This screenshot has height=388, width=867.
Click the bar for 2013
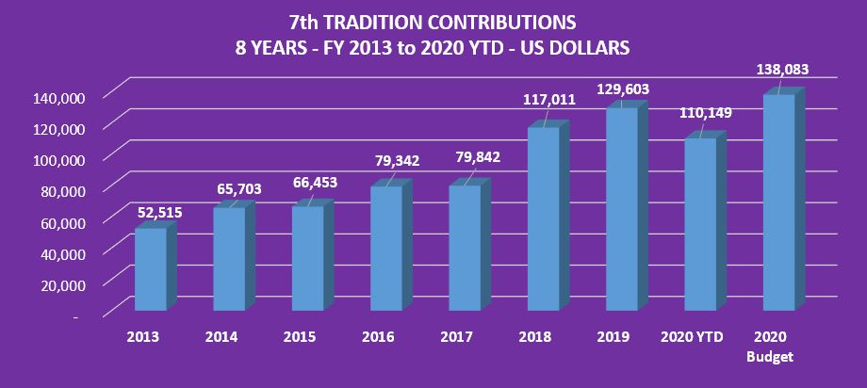click(x=149, y=270)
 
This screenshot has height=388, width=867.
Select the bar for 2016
click(x=385, y=249)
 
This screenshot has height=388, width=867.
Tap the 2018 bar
click(x=544, y=219)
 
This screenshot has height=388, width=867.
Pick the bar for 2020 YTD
click(x=700, y=225)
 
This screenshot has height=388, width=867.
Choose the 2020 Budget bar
click(x=778, y=202)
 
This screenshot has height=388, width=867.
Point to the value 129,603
click(x=622, y=89)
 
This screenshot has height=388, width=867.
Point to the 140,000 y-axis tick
click(x=58, y=97)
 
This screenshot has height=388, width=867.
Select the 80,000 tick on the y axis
click(x=62, y=190)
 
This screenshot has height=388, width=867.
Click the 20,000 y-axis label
click(x=62, y=283)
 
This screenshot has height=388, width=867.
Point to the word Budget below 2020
click(x=771, y=357)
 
